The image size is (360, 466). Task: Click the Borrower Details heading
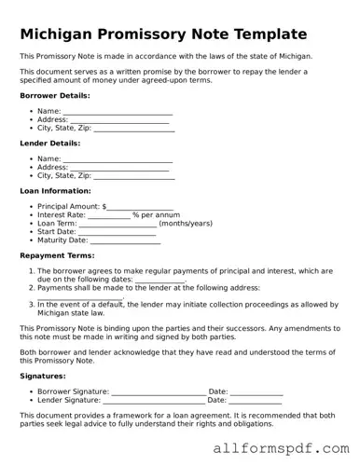click(55, 95)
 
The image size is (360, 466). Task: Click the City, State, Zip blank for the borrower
click(134, 128)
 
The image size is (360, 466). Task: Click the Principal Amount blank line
click(140, 207)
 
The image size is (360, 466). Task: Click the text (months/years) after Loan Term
click(186, 224)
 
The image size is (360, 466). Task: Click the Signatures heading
click(42, 376)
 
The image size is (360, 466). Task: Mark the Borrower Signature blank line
click(159, 391)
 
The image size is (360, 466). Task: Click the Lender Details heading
click(50, 143)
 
